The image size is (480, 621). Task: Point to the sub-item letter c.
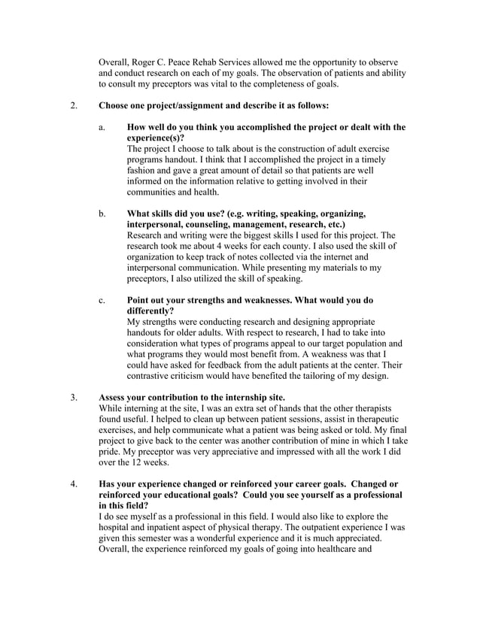102,300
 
